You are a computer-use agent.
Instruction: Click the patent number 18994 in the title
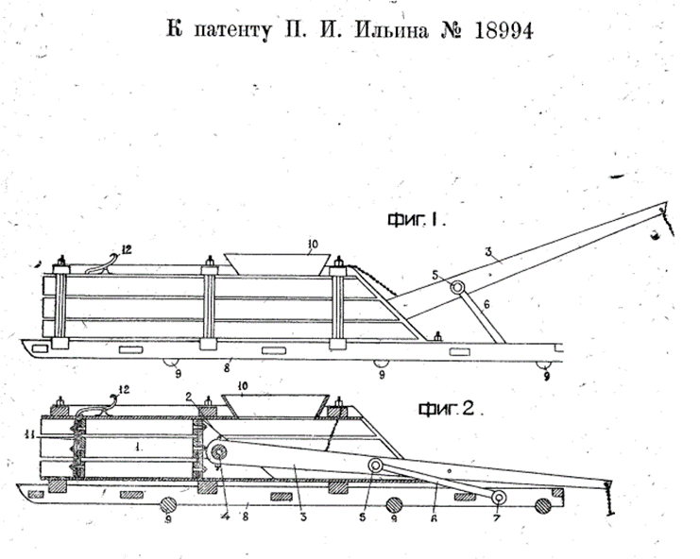pos(497,30)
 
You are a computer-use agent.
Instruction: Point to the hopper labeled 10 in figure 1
pos(277,264)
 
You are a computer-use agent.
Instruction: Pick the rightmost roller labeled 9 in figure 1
pos(544,365)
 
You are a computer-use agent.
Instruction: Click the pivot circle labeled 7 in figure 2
pos(497,499)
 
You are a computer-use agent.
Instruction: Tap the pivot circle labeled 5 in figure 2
pos(376,466)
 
